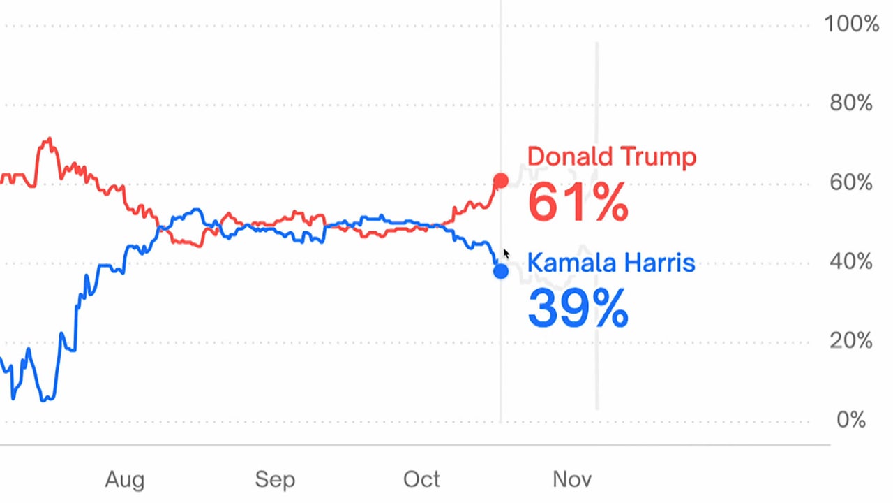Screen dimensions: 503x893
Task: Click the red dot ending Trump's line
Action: click(500, 182)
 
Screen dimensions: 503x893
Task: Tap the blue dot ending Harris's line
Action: click(500, 271)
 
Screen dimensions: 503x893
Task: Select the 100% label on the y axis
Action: click(851, 24)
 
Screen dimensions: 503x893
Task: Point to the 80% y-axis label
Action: click(851, 103)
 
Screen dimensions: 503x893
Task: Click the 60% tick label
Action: click(851, 183)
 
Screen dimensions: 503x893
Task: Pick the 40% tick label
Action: click(851, 262)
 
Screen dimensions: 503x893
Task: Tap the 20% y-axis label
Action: click(851, 341)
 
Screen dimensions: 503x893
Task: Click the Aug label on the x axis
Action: click(125, 479)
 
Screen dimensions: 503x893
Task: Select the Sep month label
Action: click(275, 479)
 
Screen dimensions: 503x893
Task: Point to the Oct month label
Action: click(421, 479)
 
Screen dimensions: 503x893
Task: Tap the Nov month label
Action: click(572, 479)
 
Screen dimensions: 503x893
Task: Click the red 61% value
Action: click(578, 203)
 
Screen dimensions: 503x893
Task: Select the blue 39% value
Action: click(578, 308)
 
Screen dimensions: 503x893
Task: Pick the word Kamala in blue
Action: click(570, 263)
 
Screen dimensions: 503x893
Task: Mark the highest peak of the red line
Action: click(48, 140)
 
